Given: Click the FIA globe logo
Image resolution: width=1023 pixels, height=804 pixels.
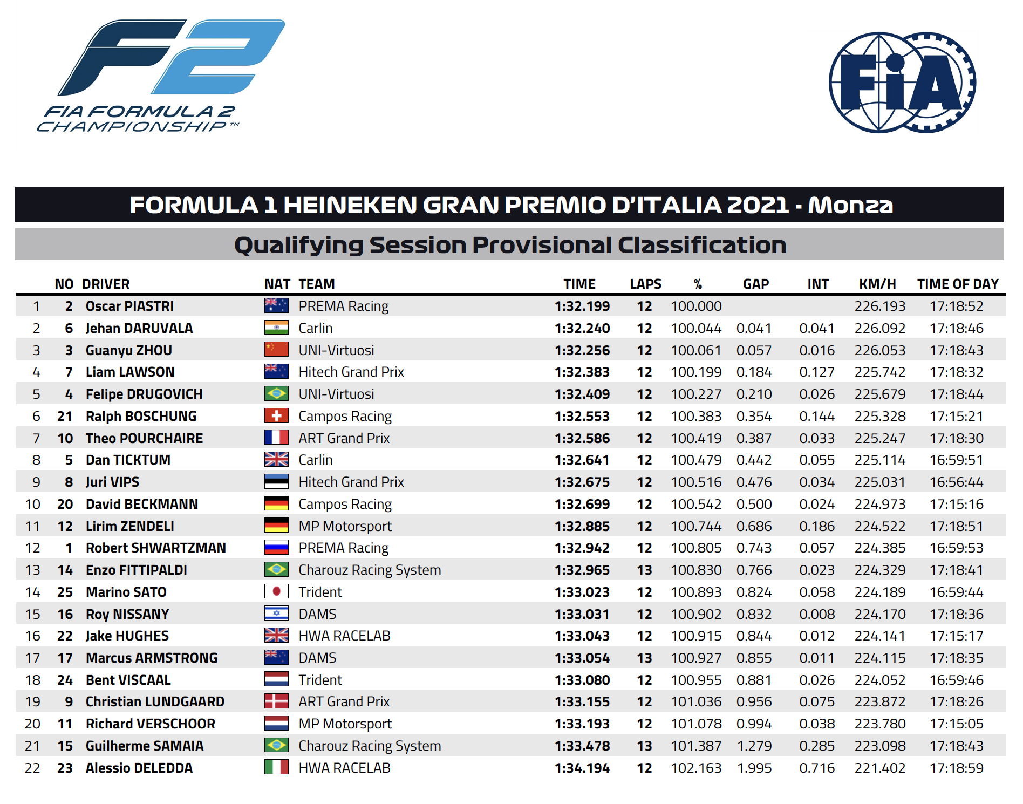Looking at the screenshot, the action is [x=902, y=82].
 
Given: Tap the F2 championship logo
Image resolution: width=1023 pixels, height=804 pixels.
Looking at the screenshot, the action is [x=161, y=76].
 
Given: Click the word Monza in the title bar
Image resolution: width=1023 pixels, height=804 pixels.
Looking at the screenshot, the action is [x=850, y=205].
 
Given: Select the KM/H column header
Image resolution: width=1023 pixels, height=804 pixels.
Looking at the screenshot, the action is [x=877, y=284].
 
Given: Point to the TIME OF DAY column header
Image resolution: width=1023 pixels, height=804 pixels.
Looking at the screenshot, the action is [x=958, y=284].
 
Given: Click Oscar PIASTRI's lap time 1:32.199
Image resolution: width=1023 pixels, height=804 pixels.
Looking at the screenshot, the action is [x=582, y=306].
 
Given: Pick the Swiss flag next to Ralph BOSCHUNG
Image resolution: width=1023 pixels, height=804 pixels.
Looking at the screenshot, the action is [x=276, y=415].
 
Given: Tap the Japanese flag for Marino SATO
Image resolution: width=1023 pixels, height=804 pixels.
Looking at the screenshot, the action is [x=276, y=591].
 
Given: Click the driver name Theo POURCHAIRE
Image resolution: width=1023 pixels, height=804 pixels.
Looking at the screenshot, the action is [x=144, y=438].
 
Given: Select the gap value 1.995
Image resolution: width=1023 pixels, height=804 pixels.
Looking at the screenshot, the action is [x=754, y=768].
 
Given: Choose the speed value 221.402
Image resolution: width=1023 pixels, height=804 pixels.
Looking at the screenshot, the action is [x=880, y=768].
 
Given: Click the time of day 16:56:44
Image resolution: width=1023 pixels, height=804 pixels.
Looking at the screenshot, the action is [x=957, y=482].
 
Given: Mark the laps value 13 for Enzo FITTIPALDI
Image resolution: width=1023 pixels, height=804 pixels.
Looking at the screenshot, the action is [x=644, y=570].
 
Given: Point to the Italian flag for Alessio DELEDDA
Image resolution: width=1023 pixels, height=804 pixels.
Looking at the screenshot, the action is [x=276, y=767].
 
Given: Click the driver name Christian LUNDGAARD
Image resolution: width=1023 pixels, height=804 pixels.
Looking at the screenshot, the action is [x=155, y=701].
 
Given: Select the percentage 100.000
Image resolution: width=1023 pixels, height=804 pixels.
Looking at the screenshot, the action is [x=696, y=306].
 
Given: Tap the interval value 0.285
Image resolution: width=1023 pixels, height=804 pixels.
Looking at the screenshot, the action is [x=817, y=746].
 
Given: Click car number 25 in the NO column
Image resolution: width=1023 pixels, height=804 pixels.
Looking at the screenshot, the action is [x=65, y=592].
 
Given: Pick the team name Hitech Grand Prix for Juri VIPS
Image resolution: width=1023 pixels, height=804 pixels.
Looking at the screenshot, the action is [x=351, y=482].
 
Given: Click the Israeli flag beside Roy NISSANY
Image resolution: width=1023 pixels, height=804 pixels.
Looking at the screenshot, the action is [x=276, y=613].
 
